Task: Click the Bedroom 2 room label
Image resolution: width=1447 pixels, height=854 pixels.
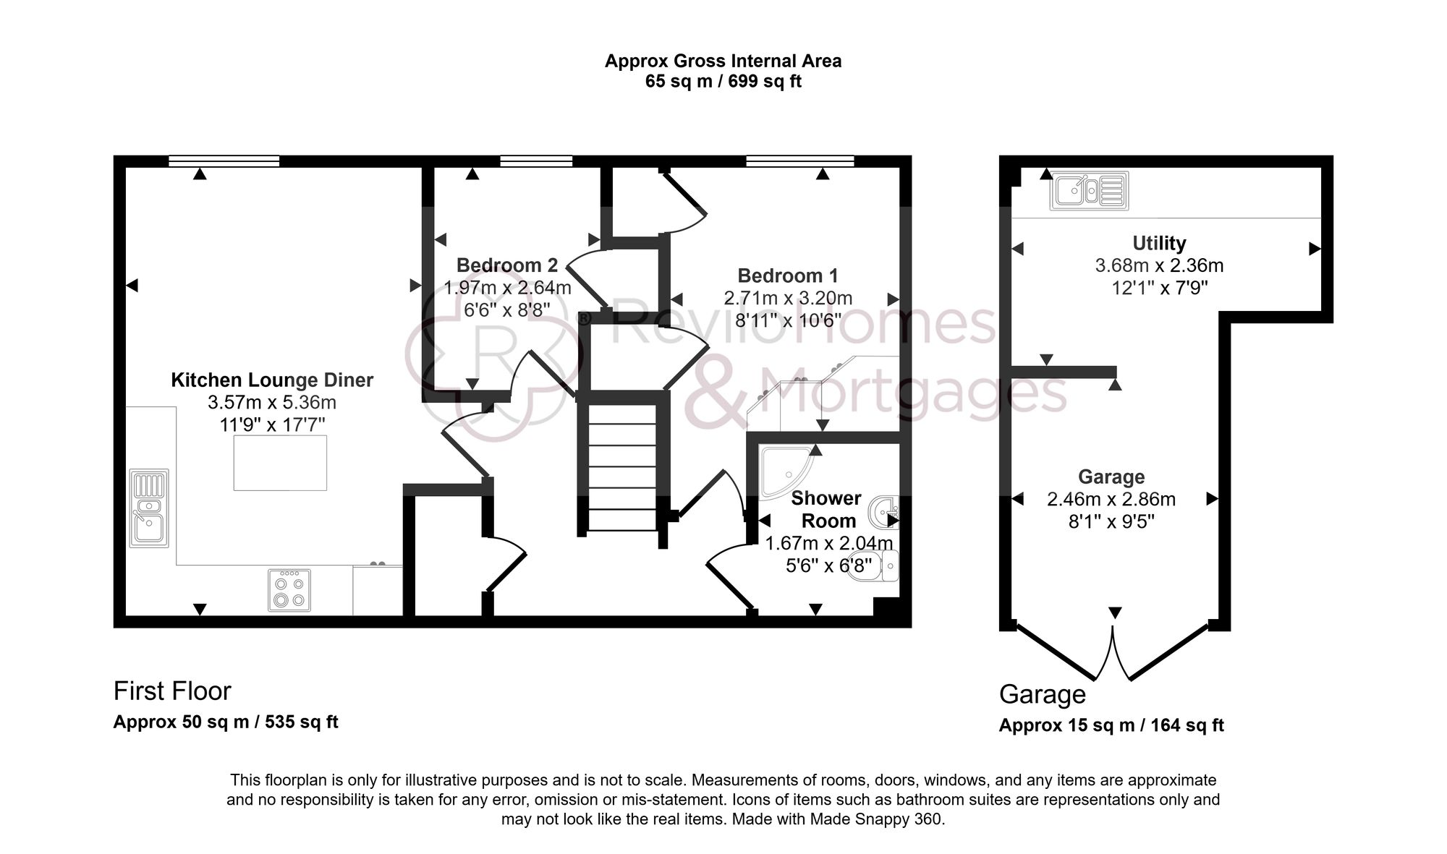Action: tap(506, 265)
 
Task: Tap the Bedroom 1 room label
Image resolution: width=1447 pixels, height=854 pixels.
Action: tap(788, 276)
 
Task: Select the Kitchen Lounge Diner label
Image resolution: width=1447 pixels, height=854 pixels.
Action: tap(272, 380)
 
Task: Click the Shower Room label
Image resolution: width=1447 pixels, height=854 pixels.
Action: tap(826, 509)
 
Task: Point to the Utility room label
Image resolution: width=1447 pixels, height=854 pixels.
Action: tap(1159, 243)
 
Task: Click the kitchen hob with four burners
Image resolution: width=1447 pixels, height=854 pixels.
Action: tap(289, 590)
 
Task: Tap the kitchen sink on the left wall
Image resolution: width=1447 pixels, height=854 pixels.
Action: tap(149, 508)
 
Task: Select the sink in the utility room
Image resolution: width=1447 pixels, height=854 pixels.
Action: tap(1089, 191)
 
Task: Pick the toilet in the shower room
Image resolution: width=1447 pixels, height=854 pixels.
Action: tap(884, 565)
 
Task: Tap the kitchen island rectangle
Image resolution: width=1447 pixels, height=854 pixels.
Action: tap(280, 463)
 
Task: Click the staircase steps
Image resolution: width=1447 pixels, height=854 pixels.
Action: tap(622, 466)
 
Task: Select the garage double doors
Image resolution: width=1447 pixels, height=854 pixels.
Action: tap(1113, 654)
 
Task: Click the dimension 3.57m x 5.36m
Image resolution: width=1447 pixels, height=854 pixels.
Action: tap(272, 402)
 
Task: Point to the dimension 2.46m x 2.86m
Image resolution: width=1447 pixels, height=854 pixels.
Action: tap(1111, 499)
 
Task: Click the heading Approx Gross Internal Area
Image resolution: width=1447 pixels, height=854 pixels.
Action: tap(723, 61)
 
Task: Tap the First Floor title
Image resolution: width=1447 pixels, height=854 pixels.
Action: tap(172, 691)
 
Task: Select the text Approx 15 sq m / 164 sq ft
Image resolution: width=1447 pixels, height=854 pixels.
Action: tap(1111, 725)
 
